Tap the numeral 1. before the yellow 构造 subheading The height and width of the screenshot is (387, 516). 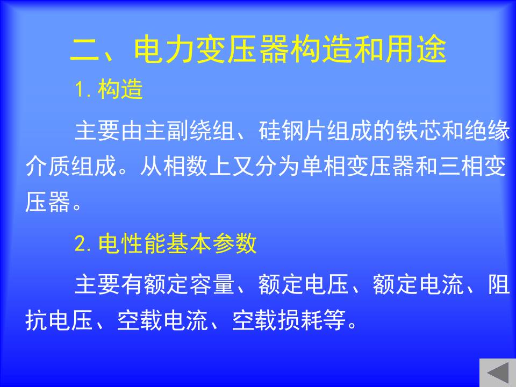point(82,90)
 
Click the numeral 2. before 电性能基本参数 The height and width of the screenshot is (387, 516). point(82,244)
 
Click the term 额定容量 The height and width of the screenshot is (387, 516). point(189,284)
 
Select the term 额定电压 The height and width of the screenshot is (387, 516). point(303,284)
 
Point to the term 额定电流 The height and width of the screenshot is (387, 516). point(418,284)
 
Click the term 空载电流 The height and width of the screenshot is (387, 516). point(162,320)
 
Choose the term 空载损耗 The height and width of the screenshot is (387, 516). point(277,320)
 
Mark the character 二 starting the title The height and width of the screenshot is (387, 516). point(84,49)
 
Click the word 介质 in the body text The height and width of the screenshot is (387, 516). point(48,166)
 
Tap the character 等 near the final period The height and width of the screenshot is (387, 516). point(334,320)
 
